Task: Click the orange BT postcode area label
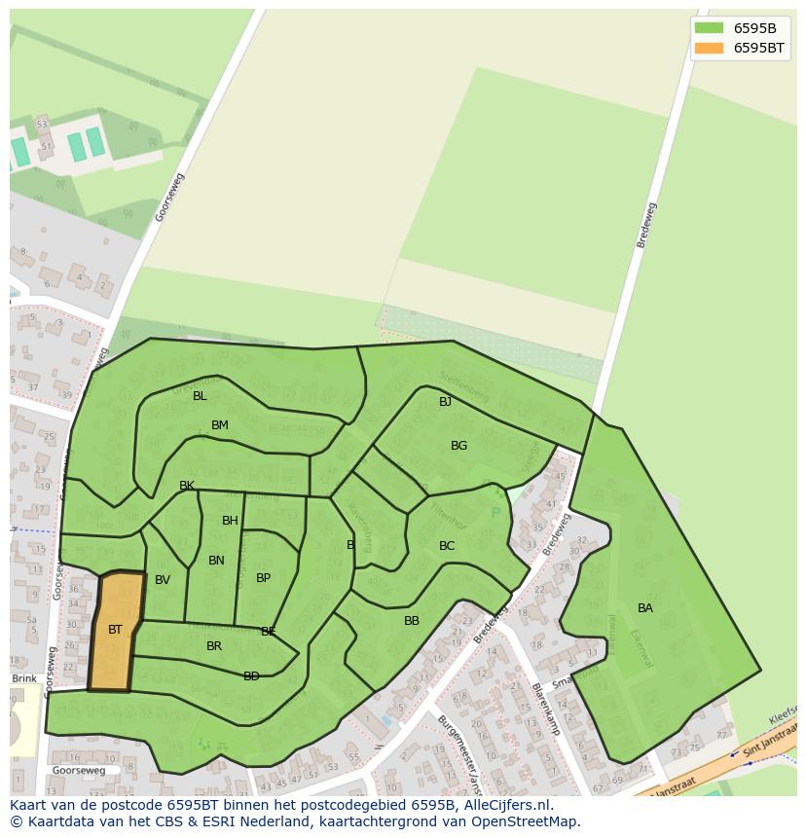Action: (115, 630)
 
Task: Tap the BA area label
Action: (645, 608)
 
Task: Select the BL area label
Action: (200, 396)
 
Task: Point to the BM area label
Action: (220, 425)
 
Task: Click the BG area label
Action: (458, 446)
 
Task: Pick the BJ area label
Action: (445, 402)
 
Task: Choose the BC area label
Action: (447, 546)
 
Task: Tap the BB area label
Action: (412, 621)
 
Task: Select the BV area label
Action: (163, 580)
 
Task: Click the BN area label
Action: (216, 561)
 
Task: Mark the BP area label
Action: (263, 578)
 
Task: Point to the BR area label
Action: (214, 646)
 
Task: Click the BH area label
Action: (230, 521)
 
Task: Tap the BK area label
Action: (187, 486)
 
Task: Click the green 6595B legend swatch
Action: (709, 28)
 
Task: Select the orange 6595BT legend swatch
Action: (709, 48)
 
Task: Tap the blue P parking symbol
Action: (495, 513)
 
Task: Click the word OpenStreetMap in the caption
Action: (523, 821)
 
